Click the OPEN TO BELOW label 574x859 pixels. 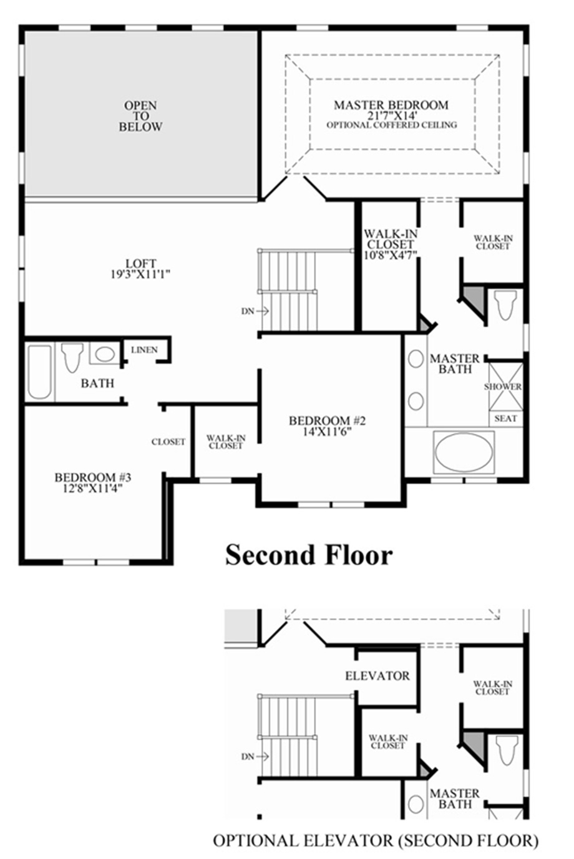[140, 117]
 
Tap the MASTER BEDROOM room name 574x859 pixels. [391, 105]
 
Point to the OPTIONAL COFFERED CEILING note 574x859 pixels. [391, 125]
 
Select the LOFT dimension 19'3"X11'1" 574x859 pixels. [140, 274]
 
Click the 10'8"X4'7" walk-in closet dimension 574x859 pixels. [391, 254]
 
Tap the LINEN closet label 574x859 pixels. [144, 350]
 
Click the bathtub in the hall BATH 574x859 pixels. [39, 372]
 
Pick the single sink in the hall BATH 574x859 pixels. [104, 354]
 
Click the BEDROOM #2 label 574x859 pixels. [327, 421]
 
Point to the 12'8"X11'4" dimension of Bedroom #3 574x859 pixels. [92, 489]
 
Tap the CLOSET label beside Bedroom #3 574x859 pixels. [168, 442]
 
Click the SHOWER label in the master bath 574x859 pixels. [503, 386]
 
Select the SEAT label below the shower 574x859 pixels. [505, 418]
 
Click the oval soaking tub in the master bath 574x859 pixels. [464, 452]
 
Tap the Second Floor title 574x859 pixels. [309, 554]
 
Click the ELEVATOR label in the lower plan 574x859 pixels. [377, 676]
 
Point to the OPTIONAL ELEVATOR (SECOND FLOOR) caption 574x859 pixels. [376, 840]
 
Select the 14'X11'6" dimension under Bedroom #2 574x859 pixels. [327, 432]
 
